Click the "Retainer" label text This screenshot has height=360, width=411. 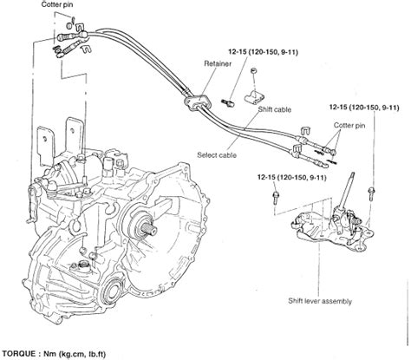218,63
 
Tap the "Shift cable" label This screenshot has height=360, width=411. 275,109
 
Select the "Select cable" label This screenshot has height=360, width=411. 217,155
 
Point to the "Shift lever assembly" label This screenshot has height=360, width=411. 320,301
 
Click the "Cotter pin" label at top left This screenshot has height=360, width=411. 57,4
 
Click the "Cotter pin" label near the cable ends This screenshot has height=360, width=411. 349,125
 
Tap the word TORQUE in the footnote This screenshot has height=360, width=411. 18,354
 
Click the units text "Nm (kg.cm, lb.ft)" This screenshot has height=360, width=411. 75,354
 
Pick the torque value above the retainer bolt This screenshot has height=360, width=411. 263,52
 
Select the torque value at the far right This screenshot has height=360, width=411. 364,108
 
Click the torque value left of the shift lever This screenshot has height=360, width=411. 292,177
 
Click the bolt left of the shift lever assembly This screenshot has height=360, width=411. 276,198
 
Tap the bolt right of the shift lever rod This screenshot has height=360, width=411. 371,193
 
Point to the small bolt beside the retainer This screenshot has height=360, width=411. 228,102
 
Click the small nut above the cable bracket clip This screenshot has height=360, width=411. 253,70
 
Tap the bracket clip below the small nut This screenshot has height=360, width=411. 254,97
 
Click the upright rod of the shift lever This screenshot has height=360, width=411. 346,190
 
